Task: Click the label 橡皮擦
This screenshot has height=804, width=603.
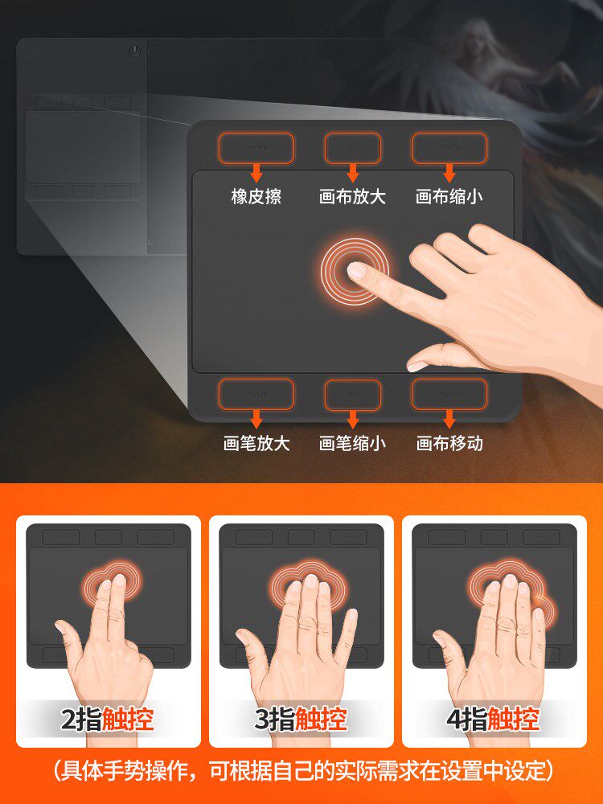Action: pyautogui.click(x=256, y=197)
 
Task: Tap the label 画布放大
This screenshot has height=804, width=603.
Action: pyautogui.click(x=352, y=197)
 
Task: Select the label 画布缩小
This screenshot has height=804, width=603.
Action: pyautogui.click(x=449, y=197)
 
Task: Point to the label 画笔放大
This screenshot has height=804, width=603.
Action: pyautogui.click(x=256, y=443)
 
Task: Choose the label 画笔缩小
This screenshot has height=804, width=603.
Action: pyautogui.click(x=352, y=443)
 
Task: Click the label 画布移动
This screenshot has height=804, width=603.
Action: pyautogui.click(x=449, y=443)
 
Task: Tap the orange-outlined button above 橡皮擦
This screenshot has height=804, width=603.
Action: pyautogui.click(x=256, y=149)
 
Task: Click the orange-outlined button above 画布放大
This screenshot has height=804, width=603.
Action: pyautogui.click(x=352, y=149)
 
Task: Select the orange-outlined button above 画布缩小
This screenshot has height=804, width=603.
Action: pyautogui.click(x=449, y=149)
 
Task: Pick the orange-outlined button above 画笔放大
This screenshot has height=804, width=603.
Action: pyautogui.click(x=256, y=394)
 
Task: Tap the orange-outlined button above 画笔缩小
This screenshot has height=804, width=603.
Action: pyautogui.click(x=352, y=394)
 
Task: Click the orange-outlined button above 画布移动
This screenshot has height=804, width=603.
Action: pyautogui.click(x=449, y=394)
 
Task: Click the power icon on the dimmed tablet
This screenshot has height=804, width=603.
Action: pyautogui.click(x=134, y=51)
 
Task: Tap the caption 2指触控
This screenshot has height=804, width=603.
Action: pyautogui.click(x=108, y=719)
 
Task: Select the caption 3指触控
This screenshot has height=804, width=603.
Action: pyautogui.click(x=301, y=719)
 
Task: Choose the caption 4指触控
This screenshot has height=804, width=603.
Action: pyautogui.click(x=493, y=719)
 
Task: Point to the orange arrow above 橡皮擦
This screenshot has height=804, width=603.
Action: pyautogui.click(x=256, y=173)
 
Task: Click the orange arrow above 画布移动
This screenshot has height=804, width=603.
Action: pyautogui.click(x=449, y=418)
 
